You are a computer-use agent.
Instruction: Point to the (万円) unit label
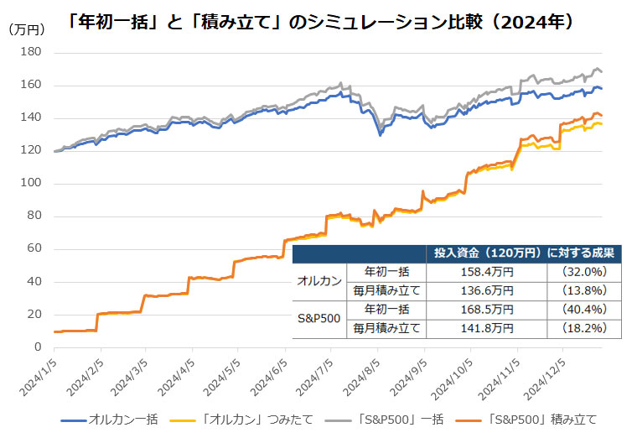click(x=28, y=29)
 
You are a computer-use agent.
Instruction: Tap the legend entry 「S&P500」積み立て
click(x=527, y=418)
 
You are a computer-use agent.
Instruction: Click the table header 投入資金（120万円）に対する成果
click(x=523, y=253)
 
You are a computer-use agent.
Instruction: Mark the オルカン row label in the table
click(x=319, y=281)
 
